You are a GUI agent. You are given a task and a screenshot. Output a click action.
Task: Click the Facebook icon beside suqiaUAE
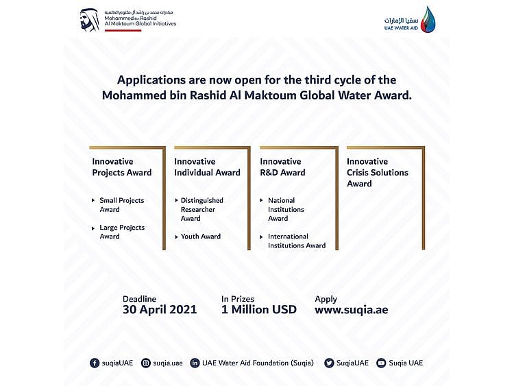[x=95, y=363]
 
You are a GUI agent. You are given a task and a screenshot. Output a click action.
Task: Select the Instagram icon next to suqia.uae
[x=146, y=363]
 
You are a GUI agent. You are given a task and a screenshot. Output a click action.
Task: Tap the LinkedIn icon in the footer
[x=195, y=363]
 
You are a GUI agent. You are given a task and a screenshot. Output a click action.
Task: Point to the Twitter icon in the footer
[x=329, y=363]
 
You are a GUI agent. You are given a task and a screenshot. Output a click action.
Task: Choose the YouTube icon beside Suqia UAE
[x=381, y=363]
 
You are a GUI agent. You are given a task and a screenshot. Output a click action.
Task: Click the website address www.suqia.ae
[x=351, y=310]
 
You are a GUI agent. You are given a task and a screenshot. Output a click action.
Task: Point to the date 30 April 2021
[x=160, y=310]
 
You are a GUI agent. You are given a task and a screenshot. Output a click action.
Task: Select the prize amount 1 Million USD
[x=258, y=310]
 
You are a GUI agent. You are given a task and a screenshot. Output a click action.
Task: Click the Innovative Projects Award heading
[x=122, y=167]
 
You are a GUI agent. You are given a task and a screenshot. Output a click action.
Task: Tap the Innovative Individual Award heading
[x=207, y=167]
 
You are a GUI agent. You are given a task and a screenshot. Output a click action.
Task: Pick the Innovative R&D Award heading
[x=282, y=167]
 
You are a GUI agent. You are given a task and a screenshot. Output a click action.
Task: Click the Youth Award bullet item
[x=201, y=237]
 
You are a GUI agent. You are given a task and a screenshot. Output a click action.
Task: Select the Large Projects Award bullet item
[x=122, y=232]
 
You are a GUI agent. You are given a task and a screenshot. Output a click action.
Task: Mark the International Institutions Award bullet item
[x=296, y=241]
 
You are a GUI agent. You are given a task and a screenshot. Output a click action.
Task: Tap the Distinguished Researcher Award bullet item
[x=201, y=209]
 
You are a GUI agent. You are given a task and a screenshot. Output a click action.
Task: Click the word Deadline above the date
[x=139, y=299]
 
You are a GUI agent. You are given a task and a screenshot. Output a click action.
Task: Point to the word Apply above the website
[x=326, y=299]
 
